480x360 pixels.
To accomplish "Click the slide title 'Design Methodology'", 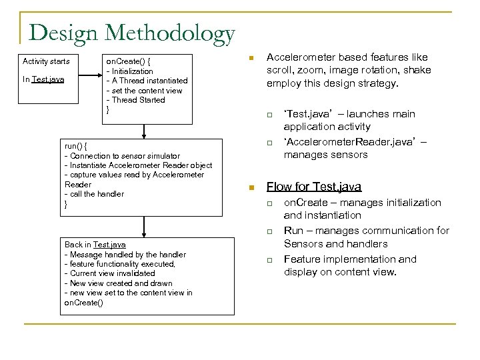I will pyautogui.click(x=132, y=33).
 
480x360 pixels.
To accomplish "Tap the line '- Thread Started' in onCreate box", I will pyautogui.click(x=136, y=100).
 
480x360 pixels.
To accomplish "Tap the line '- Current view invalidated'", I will pyautogui.click(x=109, y=273).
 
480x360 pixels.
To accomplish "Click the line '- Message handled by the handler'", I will pyautogui.click(x=125, y=254).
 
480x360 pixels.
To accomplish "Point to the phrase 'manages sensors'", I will pyautogui.click(x=325, y=155).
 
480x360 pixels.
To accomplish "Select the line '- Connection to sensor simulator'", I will pyautogui.click(x=122, y=155).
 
